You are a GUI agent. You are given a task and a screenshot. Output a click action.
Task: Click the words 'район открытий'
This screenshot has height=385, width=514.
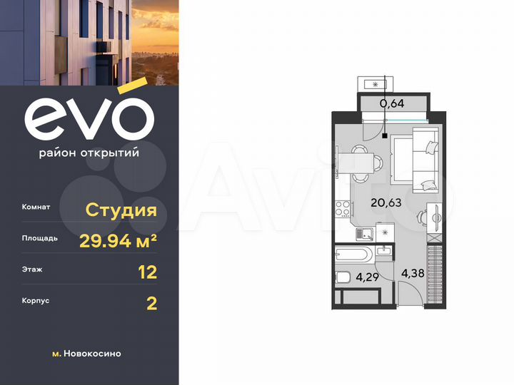(x=89, y=152)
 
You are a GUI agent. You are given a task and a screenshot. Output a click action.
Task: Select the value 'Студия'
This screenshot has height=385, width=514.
(x=121, y=210)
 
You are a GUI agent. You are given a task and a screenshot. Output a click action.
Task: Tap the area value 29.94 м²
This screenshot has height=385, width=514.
(x=119, y=240)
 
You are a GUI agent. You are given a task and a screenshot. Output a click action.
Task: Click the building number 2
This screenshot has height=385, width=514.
(x=151, y=303)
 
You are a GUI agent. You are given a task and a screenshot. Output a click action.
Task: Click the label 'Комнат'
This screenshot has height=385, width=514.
(x=36, y=207)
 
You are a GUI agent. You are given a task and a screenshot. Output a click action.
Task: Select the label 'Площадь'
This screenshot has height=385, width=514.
(x=40, y=239)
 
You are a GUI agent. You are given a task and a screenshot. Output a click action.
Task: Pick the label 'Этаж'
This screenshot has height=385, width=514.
(x=32, y=270)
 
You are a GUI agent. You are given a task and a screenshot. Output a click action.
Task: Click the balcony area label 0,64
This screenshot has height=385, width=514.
(x=392, y=103)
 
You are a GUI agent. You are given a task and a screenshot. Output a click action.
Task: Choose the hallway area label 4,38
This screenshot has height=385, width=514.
(x=413, y=272)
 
